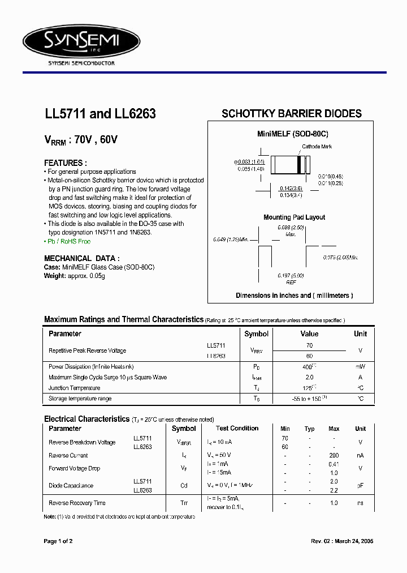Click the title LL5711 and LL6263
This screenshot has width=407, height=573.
click(x=100, y=114)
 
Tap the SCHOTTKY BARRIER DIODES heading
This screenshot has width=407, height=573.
click(x=291, y=113)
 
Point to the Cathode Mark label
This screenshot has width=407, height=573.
click(x=317, y=147)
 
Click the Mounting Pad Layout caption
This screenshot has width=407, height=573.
click(x=294, y=217)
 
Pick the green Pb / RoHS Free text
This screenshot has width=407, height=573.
click(x=67, y=241)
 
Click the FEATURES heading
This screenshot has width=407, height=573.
click(x=66, y=163)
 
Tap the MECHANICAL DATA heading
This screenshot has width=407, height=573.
click(x=82, y=258)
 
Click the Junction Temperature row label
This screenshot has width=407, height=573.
click(x=74, y=388)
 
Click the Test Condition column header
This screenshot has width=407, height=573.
click(x=237, y=429)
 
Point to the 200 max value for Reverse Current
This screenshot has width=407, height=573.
click(x=334, y=455)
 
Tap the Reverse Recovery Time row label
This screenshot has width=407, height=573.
click(x=77, y=503)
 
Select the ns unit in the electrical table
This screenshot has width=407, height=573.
click(x=360, y=503)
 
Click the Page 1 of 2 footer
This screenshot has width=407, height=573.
click(x=58, y=541)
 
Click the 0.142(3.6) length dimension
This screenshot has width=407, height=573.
click(x=291, y=188)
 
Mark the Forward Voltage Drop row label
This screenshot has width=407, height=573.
click(x=74, y=468)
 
